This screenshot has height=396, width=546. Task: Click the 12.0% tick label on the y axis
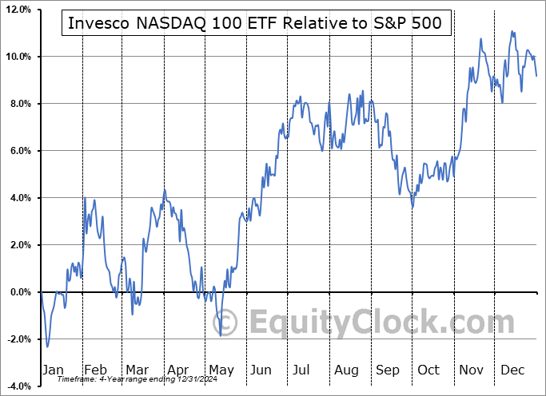tap(17, 10)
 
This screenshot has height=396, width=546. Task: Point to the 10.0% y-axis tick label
tap(17, 57)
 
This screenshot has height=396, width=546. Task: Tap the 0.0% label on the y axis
tap(18, 292)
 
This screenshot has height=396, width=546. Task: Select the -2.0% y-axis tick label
tap(18, 339)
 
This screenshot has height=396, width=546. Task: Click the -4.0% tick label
tap(18, 386)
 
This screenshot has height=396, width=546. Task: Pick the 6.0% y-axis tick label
tap(18, 151)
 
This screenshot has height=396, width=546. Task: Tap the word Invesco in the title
tap(95, 24)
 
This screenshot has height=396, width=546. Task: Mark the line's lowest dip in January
tap(47, 346)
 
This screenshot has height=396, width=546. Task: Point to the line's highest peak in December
tap(512, 32)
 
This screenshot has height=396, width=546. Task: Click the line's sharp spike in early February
tap(86, 197)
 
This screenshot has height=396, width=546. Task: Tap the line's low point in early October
tap(412, 207)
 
